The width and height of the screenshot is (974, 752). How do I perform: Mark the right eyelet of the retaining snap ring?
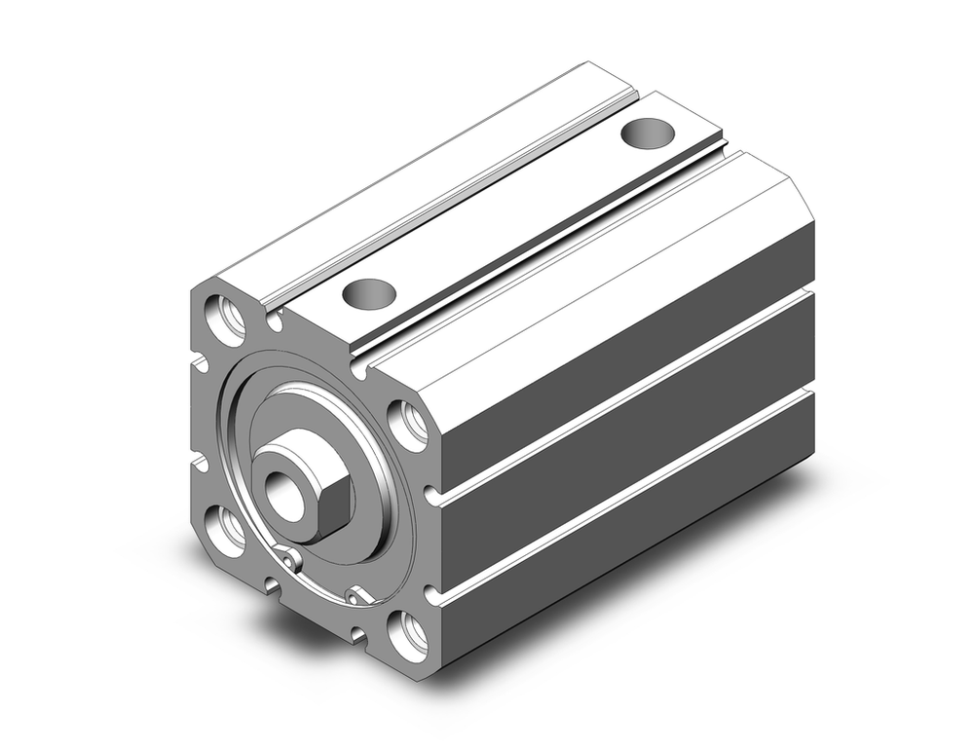coord(355,593)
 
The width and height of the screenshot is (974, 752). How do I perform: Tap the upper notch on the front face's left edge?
coord(199,362)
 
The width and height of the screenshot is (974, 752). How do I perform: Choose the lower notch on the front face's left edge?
coord(199,462)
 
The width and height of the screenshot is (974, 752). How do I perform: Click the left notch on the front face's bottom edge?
coord(272,584)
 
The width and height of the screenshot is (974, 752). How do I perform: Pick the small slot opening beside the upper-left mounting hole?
coord(275,320)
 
